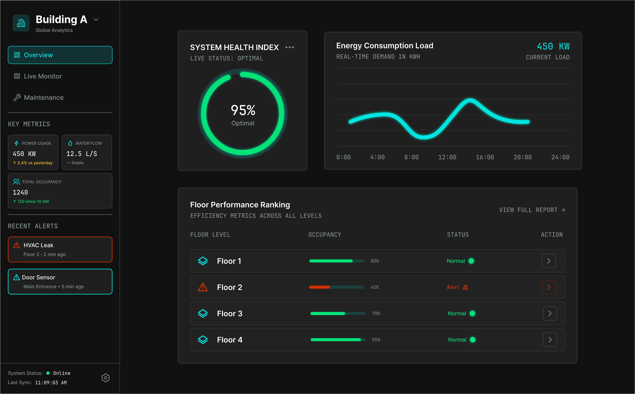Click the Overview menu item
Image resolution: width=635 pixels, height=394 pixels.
[x=60, y=55]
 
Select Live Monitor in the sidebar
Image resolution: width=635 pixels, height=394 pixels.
[x=43, y=76]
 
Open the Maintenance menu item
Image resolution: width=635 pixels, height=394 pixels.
[x=44, y=97]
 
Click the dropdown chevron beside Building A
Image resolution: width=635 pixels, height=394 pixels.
[x=96, y=20]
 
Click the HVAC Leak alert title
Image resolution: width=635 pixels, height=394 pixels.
[x=38, y=245]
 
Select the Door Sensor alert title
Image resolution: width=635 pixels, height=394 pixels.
[x=39, y=277]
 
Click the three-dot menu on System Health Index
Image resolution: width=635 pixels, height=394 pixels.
[x=289, y=47]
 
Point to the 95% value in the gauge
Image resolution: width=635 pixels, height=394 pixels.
[x=243, y=110]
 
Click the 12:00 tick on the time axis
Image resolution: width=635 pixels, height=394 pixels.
[x=447, y=157]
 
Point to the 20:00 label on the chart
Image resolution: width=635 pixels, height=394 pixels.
[x=522, y=157]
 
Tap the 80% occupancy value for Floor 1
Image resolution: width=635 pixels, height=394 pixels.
[x=375, y=261]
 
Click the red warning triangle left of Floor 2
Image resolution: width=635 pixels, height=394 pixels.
[x=203, y=287]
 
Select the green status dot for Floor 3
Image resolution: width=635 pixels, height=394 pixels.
[x=472, y=314]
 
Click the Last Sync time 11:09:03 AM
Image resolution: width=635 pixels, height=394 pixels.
[x=51, y=383]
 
